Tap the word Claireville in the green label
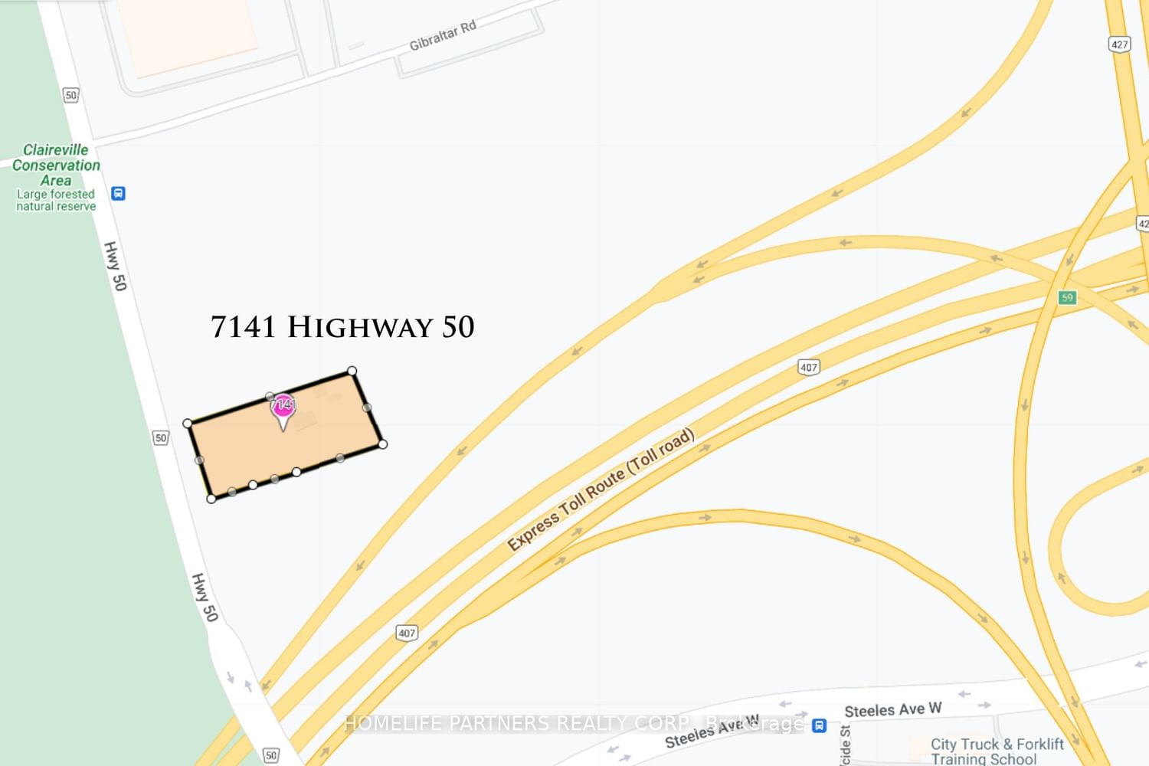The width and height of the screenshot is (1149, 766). click(x=55, y=150)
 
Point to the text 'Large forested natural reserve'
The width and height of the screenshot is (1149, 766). click(x=56, y=201)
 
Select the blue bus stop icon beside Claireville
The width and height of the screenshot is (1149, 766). click(x=118, y=193)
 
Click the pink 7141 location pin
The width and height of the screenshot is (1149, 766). click(x=283, y=406)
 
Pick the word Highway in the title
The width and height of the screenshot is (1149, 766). click(x=360, y=328)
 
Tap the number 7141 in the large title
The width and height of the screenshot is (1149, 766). click(x=243, y=327)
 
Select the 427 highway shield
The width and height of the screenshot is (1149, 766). click(x=1119, y=44)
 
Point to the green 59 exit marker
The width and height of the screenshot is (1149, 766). click(x=1067, y=297)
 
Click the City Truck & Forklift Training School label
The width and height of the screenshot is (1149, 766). click(x=997, y=751)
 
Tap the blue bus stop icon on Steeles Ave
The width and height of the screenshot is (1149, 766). click(x=819, y=725)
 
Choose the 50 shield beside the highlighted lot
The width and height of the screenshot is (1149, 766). click(x=160, y=437)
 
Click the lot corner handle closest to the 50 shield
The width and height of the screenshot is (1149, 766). click(x=188, y=423)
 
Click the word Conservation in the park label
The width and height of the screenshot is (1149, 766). click(x=56, y=165)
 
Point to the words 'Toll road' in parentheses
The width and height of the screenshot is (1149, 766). click(x=660, y=450)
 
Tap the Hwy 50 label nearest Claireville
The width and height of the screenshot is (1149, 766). click(x=115, y=266)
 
